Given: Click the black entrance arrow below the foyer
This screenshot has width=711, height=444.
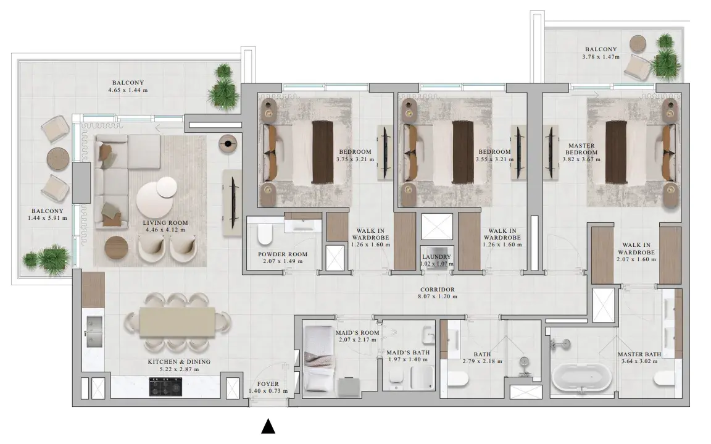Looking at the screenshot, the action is [x=268, y=426].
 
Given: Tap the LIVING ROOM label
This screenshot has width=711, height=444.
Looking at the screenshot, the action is [x=165, y=223].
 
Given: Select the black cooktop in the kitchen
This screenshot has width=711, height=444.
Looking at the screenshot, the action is [x=165, y=387].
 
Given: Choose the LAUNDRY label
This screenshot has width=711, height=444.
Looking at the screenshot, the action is [x=436, y=257].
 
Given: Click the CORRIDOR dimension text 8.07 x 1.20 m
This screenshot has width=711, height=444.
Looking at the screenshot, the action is [x=437, y=296].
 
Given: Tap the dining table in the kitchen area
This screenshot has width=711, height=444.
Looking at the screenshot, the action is [x=177, y=322].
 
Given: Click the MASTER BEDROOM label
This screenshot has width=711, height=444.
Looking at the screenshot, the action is [x=581, y=149].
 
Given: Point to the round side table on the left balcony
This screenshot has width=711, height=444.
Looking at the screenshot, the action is [x=58, y=158].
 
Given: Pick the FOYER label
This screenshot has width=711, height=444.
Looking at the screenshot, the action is [x=268, y=383].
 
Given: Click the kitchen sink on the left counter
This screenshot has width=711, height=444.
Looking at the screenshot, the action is [x=94, y=332].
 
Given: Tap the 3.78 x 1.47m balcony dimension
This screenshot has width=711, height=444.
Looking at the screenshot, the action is [x=601, y=57].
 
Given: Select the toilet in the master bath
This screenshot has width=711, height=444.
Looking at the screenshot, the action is [x=666, y=378].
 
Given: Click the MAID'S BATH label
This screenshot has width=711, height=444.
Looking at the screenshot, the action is [x=408, y=353].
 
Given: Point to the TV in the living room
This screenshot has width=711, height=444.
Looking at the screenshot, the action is [x=234, y=203].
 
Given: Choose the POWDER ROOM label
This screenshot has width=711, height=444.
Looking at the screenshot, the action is [x=283, y=254].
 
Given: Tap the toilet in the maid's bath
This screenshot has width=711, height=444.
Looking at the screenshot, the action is [x=396, y=379].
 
